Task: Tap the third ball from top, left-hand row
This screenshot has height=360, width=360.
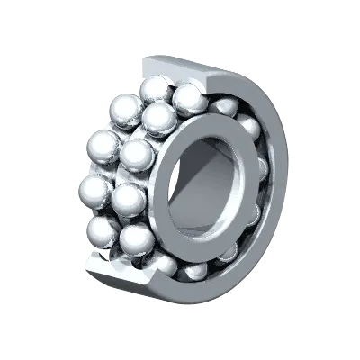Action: [x=94, y=190]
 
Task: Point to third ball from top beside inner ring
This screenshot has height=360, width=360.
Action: [x=137, y=155]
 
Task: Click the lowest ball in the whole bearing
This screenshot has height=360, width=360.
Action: [x=193, y=271]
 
